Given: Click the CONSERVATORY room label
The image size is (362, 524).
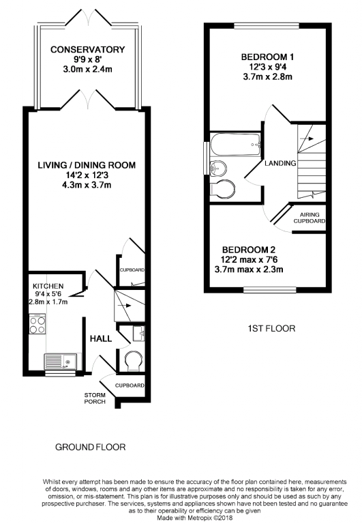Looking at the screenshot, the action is click(87, 49).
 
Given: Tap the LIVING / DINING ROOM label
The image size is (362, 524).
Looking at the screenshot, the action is click(87, 164).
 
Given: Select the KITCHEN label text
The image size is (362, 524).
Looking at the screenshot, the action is click(48, 286).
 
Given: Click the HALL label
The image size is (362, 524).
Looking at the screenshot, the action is click(100, 338).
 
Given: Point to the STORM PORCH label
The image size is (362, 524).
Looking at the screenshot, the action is click(95, 398).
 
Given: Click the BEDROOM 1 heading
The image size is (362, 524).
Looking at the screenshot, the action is click(267, 57).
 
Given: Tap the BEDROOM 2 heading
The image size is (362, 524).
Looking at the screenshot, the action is click(249, 250).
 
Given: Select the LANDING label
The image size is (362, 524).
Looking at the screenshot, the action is click(280, 163).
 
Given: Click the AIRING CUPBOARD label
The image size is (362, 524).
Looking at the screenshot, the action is click(310, 218).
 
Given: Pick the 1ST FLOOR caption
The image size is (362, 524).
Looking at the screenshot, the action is click(271, 328).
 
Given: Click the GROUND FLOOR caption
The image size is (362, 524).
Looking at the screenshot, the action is click(90, 447).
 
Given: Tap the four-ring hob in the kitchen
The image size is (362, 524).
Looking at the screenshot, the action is click(37, 324).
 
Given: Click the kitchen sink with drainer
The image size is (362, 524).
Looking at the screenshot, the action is click(61, 362).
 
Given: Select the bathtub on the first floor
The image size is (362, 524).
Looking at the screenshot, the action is click(235, 145).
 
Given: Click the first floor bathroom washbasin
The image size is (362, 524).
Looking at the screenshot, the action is click(218, 167).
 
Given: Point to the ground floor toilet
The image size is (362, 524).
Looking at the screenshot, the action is click(134, 360).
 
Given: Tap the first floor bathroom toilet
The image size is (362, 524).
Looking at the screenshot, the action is click(223, 188).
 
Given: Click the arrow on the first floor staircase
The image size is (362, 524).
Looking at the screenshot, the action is click(307, 139).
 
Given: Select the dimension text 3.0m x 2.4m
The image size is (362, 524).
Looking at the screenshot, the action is click(87, 70).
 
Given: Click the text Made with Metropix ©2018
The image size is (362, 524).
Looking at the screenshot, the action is click(195, 518).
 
